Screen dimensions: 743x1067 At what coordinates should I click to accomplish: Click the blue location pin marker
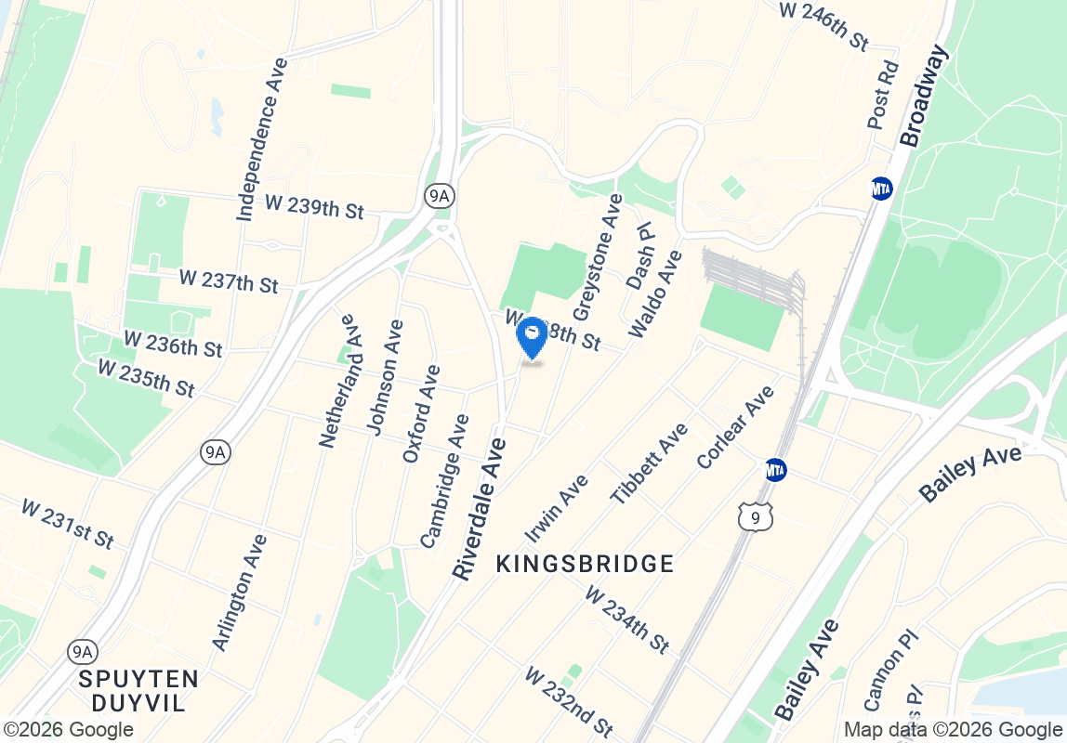pyautogui.click(x=532, y=337)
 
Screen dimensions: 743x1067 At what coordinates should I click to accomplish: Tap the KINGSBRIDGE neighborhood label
pyautogui.click(x=585, y=564)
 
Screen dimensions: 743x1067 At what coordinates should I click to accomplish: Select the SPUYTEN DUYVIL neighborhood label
pyautogui.click(x=138, y=690)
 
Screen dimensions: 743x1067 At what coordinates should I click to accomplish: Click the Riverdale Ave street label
pyautogui.click(x=481, y=509)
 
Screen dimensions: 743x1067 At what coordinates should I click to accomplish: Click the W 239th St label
pyautogui.click(x=314, y=207)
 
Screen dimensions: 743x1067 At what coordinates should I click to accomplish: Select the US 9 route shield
pyautogui.click(x=756, y=517)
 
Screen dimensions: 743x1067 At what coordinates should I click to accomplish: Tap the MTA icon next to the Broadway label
pyautogui.click(x=881, y=189)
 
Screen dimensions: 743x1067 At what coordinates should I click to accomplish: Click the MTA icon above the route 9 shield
pyautogui.click(x=775, y=470)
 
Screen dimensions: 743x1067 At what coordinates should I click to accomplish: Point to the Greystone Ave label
pyautogui.click(x=597, y=257)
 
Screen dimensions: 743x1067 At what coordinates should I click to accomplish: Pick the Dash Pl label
pyautogui.click(x=640, y=255)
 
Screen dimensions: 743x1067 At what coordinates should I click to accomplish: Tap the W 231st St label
pyautogui.click(x=67, y=523)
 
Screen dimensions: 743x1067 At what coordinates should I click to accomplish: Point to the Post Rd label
pyautogui.click(x=884, y=95)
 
